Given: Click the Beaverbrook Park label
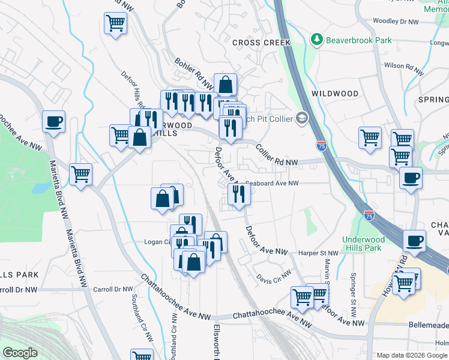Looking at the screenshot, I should click(x=359, y=40).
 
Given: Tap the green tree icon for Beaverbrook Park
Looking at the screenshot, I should click(x=317, y=40).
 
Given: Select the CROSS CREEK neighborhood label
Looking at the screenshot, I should click(x=261, y=43).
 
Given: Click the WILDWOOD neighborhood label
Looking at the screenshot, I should click(x=335, y=94).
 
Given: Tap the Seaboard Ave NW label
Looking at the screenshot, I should click(x=271, y=184).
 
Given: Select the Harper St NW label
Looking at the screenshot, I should click(x=319, y=253).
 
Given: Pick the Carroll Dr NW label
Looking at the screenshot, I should click(x=112, y=289).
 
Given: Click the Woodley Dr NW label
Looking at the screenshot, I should click(x=395, y=21).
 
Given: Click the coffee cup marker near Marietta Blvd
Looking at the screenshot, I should click(x=54, y=121).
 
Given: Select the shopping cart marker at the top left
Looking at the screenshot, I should click(x=115, y=23).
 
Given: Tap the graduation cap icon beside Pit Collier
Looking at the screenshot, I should click(x=301, y=118).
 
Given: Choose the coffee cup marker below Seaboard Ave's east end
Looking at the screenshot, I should click(x=411, y=178).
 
